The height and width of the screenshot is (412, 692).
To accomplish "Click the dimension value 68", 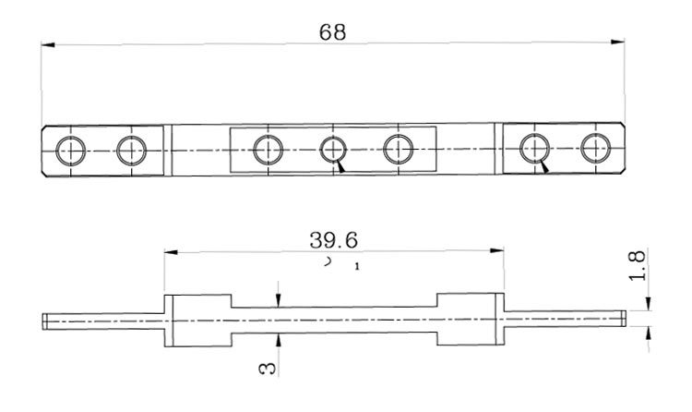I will (x=332, y=31).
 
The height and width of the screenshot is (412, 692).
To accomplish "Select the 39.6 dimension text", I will (x=334, y=240).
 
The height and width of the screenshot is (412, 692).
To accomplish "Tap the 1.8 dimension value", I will (x=636, y=270).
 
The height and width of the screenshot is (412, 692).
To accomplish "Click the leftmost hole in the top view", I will (x=70, y=149).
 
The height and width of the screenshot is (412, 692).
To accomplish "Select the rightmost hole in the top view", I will (x=595, y=148).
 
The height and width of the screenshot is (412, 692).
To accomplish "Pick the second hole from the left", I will (x=131, y=149).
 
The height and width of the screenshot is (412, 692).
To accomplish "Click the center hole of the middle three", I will (x=334, y=149).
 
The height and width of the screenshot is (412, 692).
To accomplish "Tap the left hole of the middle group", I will (x=268, y=149).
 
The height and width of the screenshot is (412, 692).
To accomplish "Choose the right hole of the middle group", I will (x=400, y=149).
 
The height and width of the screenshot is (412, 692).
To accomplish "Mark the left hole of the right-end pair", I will (x=534, y=148).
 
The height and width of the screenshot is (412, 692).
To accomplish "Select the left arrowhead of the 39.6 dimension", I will (x=168, y=250).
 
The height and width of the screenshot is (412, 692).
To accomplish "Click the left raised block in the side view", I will (x=197, y=321).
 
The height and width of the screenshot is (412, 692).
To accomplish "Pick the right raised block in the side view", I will (x=471, y=321).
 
